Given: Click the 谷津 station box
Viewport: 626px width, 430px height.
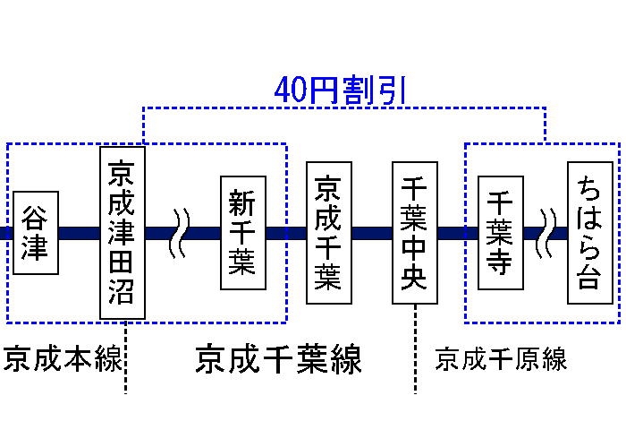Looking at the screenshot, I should [36, 233].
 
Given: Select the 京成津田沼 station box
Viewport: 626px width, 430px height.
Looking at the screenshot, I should [123, 233].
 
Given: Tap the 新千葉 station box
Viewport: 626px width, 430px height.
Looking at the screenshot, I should [243, 233].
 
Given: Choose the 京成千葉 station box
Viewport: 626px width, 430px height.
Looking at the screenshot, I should [328, 233].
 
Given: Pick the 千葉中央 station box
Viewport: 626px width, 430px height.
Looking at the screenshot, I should [415, 233].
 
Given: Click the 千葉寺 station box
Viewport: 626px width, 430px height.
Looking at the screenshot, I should [500, 233].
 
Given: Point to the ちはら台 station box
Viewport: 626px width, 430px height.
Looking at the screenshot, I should [589, 233].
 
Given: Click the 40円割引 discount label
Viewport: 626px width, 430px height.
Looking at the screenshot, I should [341, 90].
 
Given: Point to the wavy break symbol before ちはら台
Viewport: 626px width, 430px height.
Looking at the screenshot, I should [546, 233].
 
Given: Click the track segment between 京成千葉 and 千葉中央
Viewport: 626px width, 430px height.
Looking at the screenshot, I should [371, 233].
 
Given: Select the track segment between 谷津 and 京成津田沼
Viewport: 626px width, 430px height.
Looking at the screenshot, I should [79, 233].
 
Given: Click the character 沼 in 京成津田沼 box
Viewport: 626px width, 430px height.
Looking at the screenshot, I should [123, 291].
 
